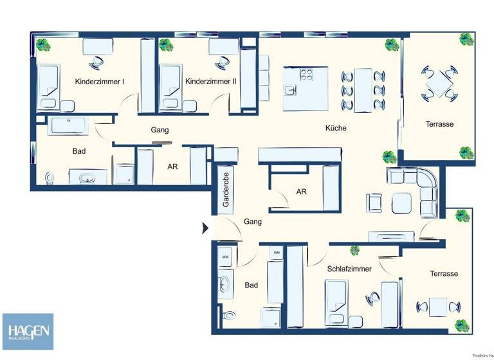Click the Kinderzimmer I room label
pyautogui.click(x=100, y=82)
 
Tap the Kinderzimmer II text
pyautogui.click(x=211, y=82)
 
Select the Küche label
pyautogui.click(x=336, y=128)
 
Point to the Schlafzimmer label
pyautogui.click(x=349, y=269)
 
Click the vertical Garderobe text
pyautogui.click(x=226, y=191)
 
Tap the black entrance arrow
pyautogui.click(x=205, y=228)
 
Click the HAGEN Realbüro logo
pyautogui.click(x=27, y=331)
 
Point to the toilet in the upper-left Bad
pyautogui.click(x=49, y=177)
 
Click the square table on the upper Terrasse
pyautogui.click(x=441, y=84)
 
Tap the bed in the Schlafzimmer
pyautogui.click(x=337, y=306)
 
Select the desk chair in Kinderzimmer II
pyautogui.click(x=223, y=62)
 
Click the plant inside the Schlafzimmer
pyautogui.click(x=354, y=250)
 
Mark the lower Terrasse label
pyautogui.click(x=444, y=274)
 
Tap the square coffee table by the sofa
pyautogui.click(x=401, y=203)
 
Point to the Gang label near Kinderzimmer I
pyautogui.click(x=160, y=130)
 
